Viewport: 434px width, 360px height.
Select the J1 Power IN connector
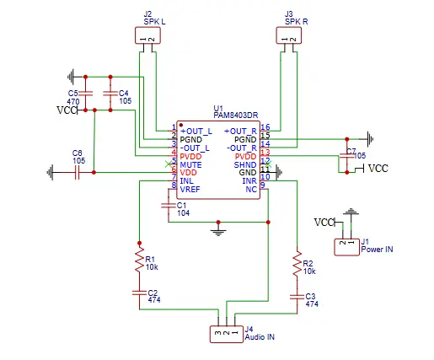(x=346, y=245)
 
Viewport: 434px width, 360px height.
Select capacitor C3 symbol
(x=296, y=296)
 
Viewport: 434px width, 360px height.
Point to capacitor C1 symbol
(x=169, y=204)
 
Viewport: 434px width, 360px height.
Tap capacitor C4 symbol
(x=108, y=93)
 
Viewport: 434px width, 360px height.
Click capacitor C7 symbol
(x=346, y=155)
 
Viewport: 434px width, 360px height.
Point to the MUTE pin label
(x=190, y=164)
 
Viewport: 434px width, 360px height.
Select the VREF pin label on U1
(x=190, y=189)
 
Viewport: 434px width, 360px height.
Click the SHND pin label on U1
(x=245, y=164)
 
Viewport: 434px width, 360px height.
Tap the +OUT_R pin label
(x=241, y=131)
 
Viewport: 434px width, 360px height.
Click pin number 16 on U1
(x=265, y=126)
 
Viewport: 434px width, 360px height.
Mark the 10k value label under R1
(x=151, y=268)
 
